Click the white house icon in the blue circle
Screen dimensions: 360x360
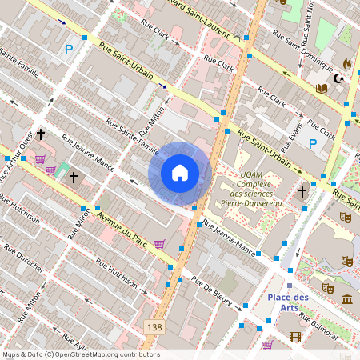pyautogui.click(x=180, y=172)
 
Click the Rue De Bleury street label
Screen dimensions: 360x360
pyautogui.click(x=215, y=292)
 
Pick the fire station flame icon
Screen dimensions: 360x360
pyautogui.click(x=346, y=63)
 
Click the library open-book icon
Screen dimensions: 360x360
pyautogui.click(x=321, y=88)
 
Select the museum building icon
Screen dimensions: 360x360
pyautogui.click(x=346, y=299)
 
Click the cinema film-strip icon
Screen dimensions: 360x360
pyautogui.click(x=294, y=337)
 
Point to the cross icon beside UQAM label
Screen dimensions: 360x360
pyautogui.click(x=302, y=192)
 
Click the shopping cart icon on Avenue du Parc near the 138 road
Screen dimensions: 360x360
pyautogui.click(x=159, y=244)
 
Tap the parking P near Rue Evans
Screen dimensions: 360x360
pyautogui.click(x=313, y=145)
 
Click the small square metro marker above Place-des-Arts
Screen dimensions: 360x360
pyautogui.click(x=290, y=285)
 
